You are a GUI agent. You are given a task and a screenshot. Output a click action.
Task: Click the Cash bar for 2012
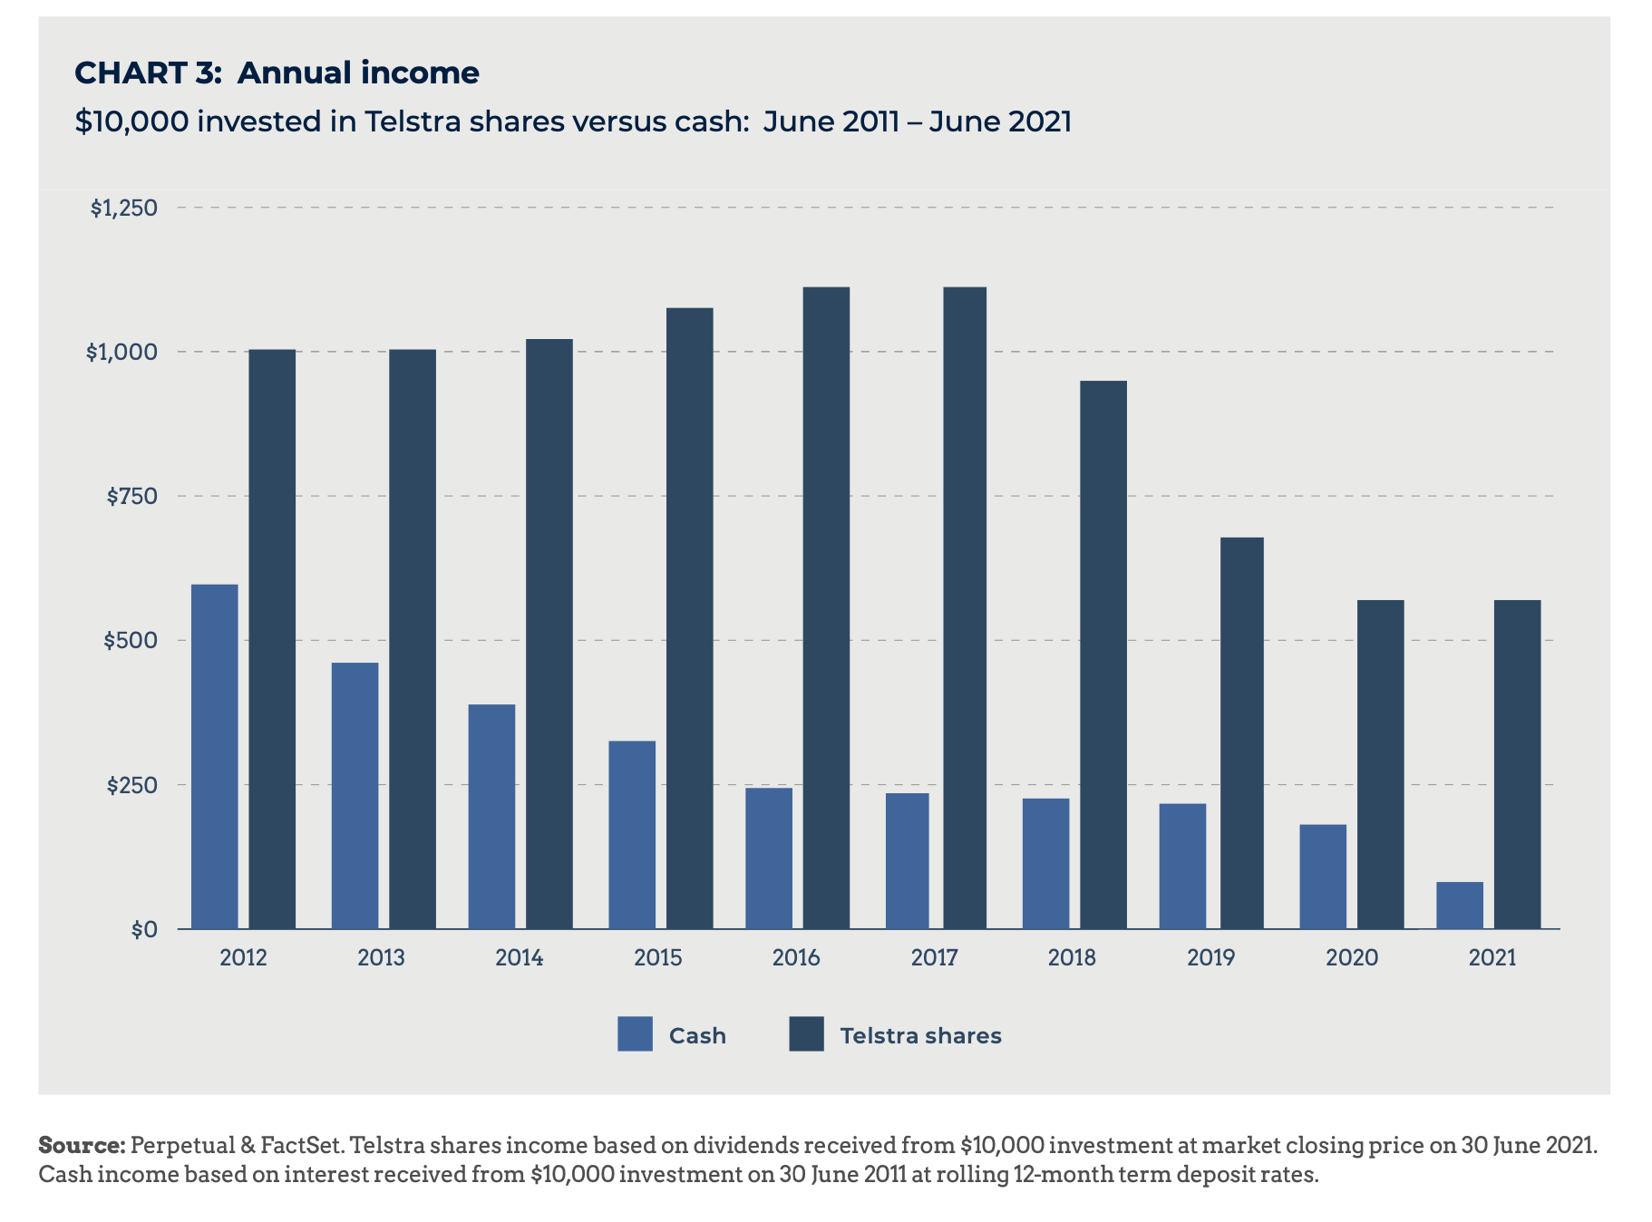point(215,756)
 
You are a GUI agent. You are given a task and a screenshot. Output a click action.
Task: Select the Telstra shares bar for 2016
point(826,607)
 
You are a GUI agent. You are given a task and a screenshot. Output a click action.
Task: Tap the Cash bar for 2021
point(1459,905)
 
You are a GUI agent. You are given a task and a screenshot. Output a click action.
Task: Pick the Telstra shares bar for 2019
point(1241,732)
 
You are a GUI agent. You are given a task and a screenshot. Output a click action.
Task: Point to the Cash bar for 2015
point(632,834)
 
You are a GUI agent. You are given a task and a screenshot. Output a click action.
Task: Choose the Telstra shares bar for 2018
point(1103,655)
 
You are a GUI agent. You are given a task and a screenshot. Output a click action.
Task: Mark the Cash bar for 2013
point(355,795)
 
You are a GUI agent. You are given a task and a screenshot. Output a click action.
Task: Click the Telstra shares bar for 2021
point(1517,764)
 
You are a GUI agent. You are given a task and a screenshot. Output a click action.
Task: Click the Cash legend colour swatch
point(635,1034)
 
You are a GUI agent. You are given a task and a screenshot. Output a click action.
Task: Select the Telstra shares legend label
point(920,1035)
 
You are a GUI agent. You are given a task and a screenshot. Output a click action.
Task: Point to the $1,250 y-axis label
point(123,208)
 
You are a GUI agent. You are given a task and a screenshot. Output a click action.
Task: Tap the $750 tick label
point(131,496)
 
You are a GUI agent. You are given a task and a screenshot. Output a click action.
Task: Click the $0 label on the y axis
point(143,929)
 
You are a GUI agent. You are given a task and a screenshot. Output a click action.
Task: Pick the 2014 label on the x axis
point(520,957)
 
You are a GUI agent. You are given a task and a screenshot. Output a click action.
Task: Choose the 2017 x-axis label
point(934,957)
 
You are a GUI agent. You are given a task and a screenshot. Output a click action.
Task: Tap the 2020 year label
point(1351,957)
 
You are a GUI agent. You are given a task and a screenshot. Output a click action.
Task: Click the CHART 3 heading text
point(148,73)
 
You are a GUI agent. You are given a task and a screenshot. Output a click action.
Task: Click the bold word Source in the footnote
point(82,1145)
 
